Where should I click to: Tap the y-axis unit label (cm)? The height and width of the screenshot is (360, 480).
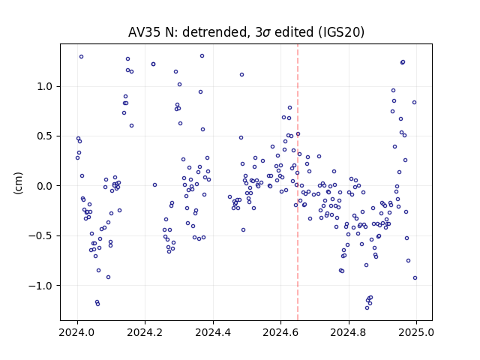click(x=18, y=183)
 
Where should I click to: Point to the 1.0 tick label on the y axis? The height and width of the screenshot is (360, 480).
click(x=44, y=87)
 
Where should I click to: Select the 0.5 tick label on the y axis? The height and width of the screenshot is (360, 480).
click(x=44, y=136)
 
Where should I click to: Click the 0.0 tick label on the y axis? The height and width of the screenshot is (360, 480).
click(x=44, y=186)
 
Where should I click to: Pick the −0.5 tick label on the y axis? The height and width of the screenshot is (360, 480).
click(x=40, y=235)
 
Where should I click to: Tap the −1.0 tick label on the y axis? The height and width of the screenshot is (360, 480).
click(x=40, y=286)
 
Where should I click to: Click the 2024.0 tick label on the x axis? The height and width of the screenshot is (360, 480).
click(x=77, y=332)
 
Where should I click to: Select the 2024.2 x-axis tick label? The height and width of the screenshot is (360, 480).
click(x=145, y=332)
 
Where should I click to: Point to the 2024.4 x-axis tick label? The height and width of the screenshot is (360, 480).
click(x=213, y=332)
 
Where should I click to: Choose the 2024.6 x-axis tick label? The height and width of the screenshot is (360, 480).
click(x=280, y=332)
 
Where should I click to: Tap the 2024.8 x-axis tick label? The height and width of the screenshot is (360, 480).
click(x=348, y=332)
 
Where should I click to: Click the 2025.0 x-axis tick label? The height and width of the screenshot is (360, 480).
click(x=416, y=332)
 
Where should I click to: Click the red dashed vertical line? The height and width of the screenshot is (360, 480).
click(x=298, y=182)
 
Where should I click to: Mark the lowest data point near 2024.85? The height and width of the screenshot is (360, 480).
click(x=367, y=307)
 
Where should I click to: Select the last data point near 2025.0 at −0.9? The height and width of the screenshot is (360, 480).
click(x=415, y=278)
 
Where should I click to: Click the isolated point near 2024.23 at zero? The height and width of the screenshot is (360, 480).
click(x=155, y=185)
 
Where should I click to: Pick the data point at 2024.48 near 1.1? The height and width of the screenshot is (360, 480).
click(x=241, y=75)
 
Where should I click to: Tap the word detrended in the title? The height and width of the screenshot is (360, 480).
click(x=214, y=32)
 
